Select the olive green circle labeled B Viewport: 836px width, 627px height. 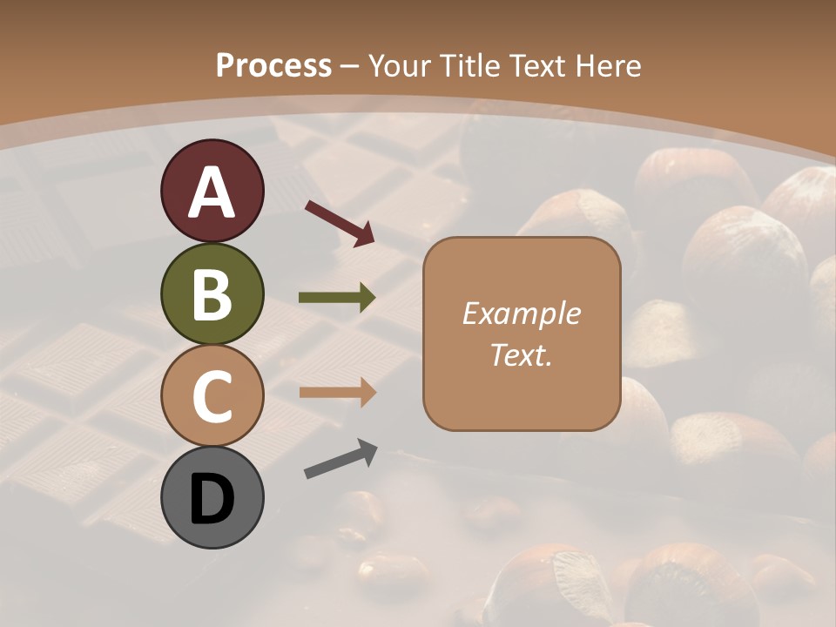[x=212, y=294]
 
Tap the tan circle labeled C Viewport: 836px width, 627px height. [x=212, y=394]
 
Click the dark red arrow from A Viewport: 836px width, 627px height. [x=339, y=222]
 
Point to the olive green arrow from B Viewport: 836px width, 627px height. [x=337, y=298]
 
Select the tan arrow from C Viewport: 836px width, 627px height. [x=337, y=393]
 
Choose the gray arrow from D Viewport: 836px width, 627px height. [x=340, y=459]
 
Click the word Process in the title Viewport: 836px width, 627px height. [x=273, y=66]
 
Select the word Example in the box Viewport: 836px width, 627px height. [x=521, y=313]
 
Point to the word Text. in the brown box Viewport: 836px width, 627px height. [x=521, y=355]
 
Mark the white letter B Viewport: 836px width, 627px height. [x=212, y=294]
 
